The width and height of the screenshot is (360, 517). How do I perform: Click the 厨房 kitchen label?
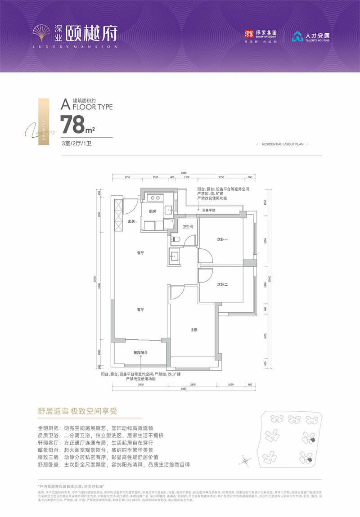152,211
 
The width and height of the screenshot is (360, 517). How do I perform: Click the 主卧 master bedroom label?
194,330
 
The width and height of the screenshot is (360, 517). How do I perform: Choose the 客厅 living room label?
140,310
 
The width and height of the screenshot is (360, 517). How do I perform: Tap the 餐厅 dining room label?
140,253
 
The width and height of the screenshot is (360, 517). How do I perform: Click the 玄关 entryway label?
131,221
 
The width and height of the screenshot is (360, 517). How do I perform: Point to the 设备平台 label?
208,210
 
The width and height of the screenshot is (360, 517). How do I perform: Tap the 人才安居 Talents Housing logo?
310,36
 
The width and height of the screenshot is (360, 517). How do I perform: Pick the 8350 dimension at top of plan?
184,173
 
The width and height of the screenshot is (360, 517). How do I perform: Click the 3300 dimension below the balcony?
140,385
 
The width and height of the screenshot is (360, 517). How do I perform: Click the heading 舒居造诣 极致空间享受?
77,411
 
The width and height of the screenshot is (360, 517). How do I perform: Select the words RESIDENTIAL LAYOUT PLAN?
283,144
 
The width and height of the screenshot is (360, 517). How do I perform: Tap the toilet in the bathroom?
175,239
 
